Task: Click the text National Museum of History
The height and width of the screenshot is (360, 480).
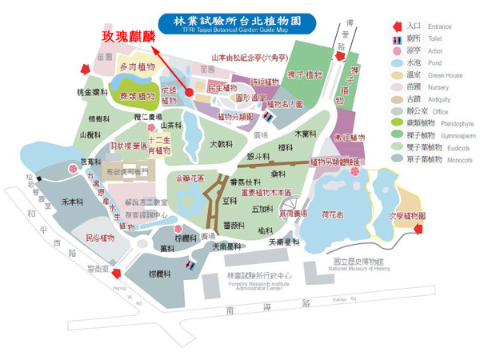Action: [367, 270]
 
